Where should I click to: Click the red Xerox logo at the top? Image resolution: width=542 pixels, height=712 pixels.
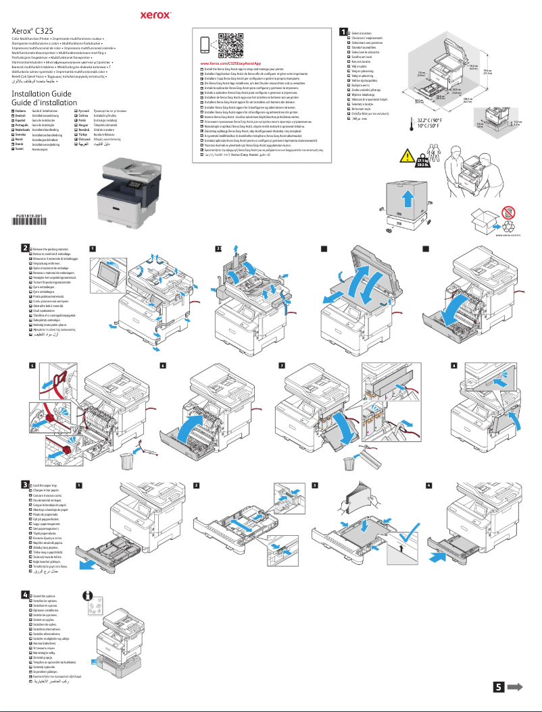(158, 13)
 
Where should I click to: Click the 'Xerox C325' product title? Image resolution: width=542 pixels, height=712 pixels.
(33, 30)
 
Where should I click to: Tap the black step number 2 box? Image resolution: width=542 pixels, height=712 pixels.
(24, 248)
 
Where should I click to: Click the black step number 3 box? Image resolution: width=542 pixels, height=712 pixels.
(24, 484)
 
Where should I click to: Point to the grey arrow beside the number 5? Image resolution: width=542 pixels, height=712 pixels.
(516, 686)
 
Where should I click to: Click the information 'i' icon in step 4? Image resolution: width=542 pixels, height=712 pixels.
(87, 596)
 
